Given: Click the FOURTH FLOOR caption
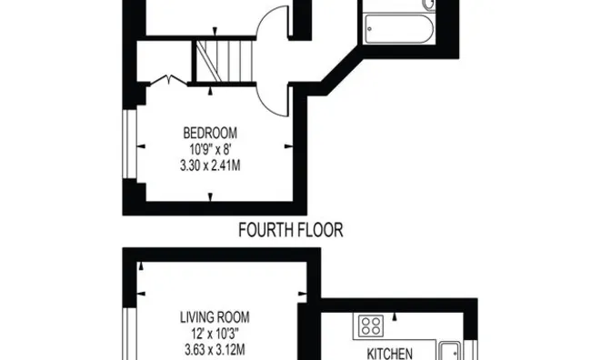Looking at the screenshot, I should point(290,231).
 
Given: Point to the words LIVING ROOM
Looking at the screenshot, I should point(215,318).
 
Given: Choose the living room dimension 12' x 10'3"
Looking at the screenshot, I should point(215,334).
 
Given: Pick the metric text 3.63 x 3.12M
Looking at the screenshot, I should point(215,350).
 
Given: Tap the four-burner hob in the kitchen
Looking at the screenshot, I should point(370,325).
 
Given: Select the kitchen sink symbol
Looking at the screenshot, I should point(449,351).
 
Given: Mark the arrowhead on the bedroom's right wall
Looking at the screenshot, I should point(289,145).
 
